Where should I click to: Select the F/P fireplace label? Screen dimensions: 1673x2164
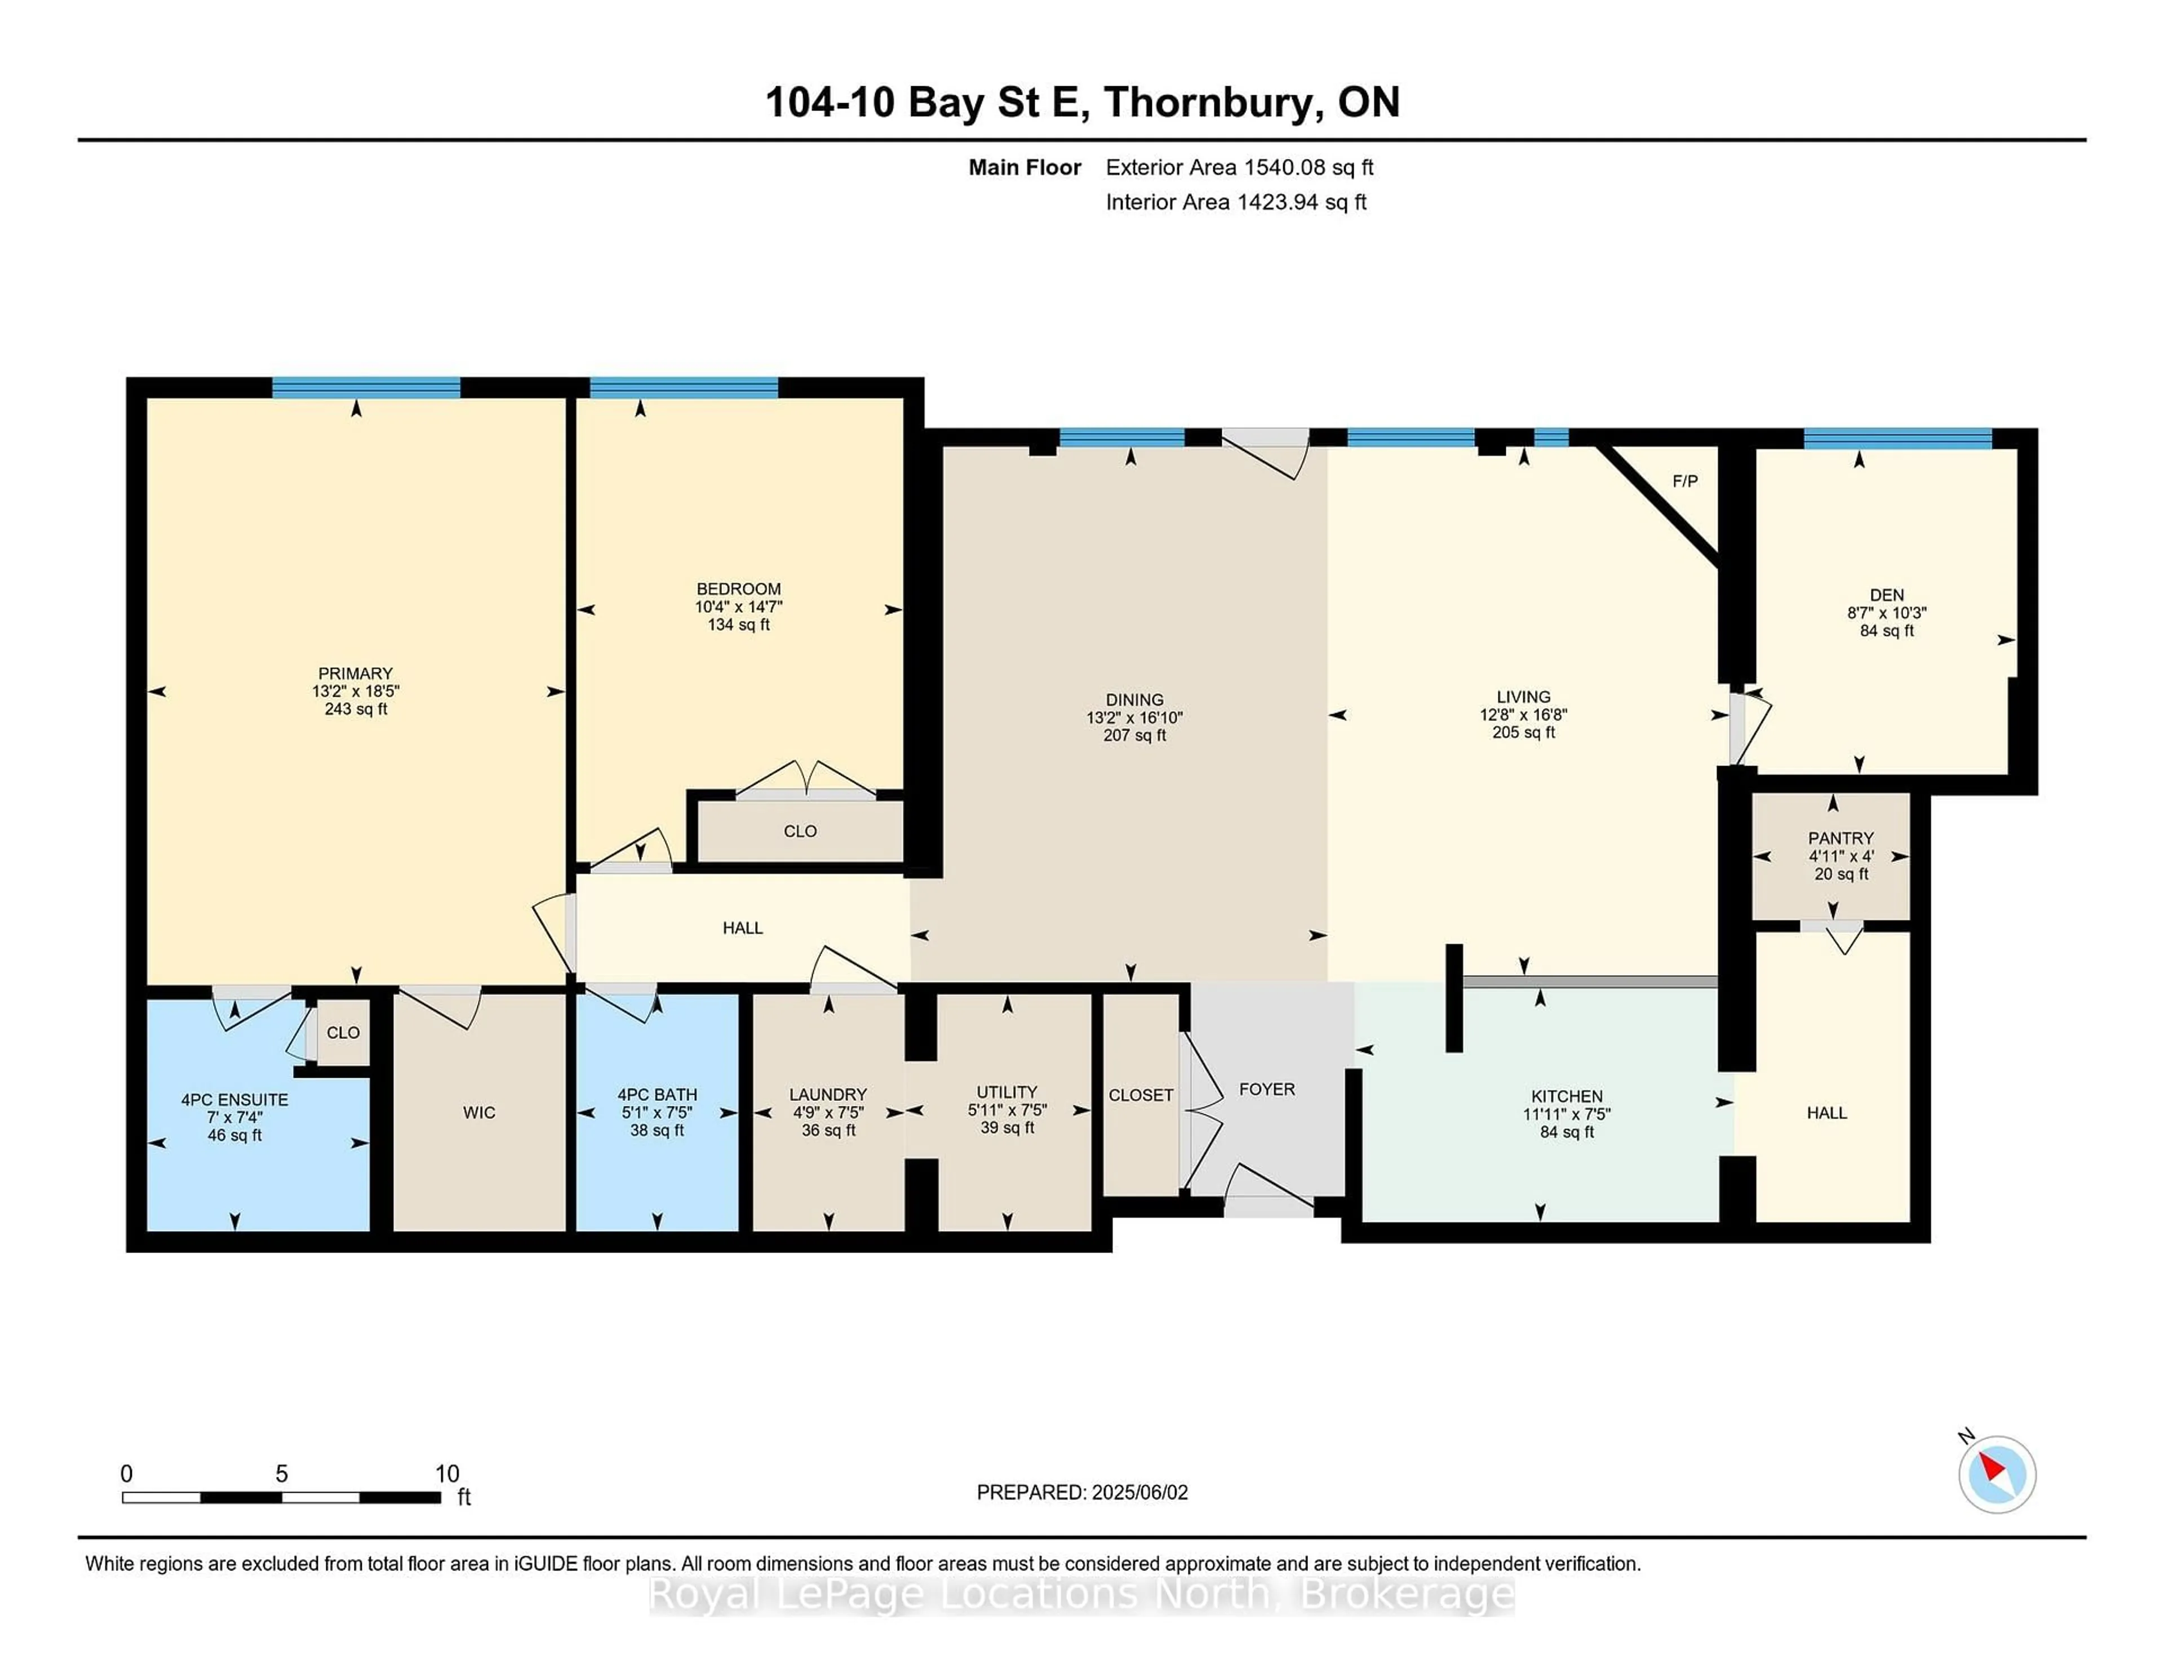(1684, 481)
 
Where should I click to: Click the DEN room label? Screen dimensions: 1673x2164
(1886, 595)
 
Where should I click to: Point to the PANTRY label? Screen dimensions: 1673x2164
(1840, 838)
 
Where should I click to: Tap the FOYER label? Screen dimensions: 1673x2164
(1266, 1089)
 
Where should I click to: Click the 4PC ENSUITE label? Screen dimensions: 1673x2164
(235, 1099)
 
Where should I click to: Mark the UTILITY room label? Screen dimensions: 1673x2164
(1006, 1091)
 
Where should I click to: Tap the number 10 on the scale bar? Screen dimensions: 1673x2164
(447, 1474)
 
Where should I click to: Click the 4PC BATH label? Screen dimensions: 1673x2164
(657, 1094)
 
